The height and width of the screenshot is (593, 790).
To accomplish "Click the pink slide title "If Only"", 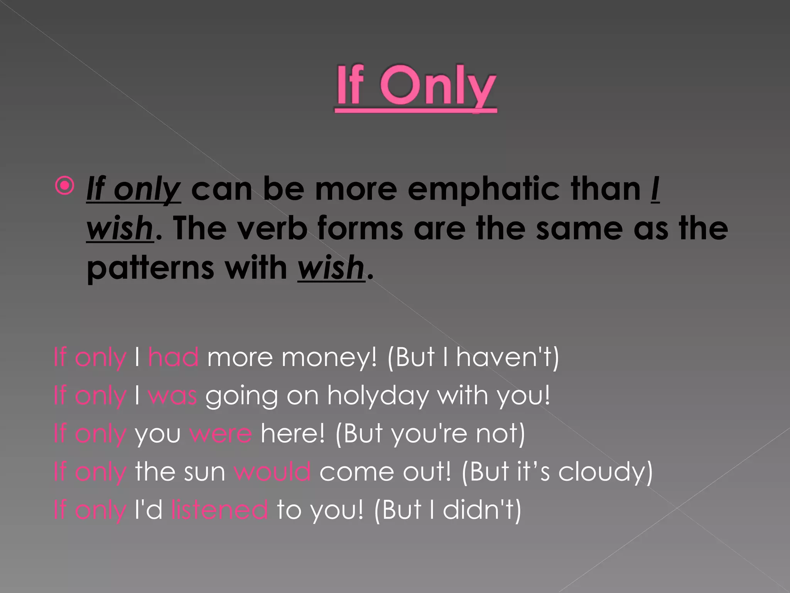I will [x=416, y=87].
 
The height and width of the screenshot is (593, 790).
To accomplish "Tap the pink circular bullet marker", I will [x=64, y=186].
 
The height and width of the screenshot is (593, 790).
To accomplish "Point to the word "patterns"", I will [x=150, y=268].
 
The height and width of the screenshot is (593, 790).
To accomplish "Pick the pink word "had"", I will [x=174, y=357].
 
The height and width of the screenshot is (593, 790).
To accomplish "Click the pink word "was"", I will [x=172, y=396].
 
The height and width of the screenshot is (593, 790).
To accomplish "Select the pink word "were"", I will [x=221, y=434].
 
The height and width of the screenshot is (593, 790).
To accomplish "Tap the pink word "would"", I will [x=272, y=471].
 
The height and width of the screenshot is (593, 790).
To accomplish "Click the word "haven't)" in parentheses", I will [x=508, y=357].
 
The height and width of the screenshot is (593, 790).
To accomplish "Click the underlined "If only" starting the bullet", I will [x=133, y=189].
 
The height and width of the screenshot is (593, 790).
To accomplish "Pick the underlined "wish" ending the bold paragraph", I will [x=331, y=268].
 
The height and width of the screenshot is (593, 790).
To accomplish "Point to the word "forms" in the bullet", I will [x=360, y=228].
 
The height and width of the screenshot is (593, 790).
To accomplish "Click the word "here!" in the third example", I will [x=293, y=434].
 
